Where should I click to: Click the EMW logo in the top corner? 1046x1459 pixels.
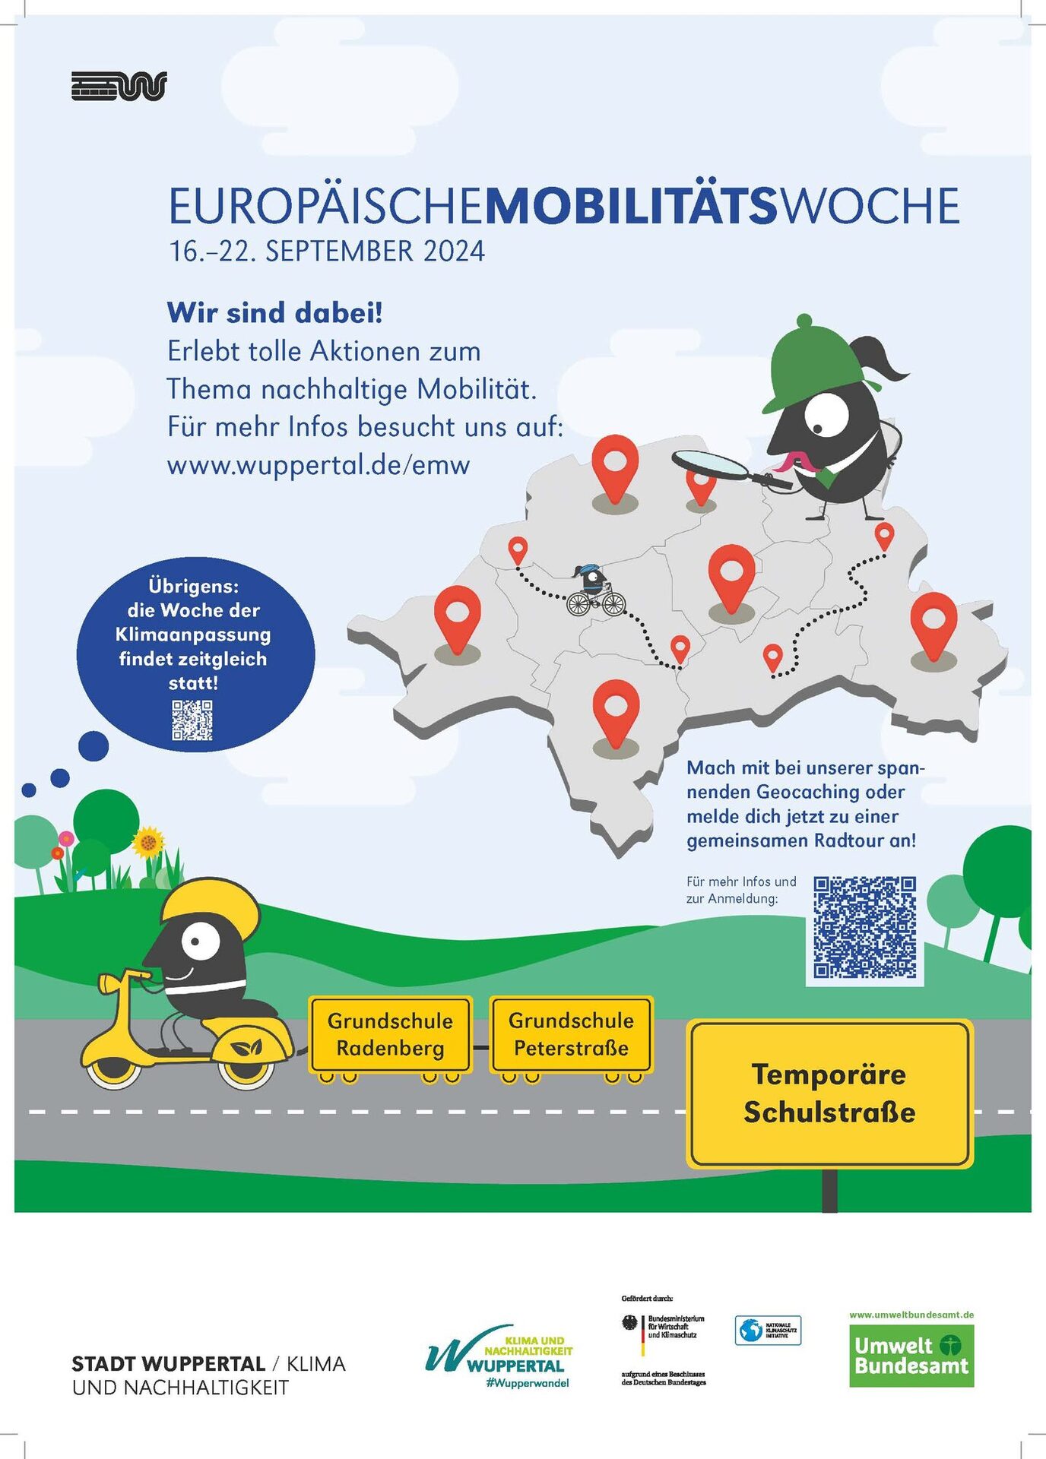point(119,86)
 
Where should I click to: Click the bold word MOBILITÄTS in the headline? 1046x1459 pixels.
point(631,206)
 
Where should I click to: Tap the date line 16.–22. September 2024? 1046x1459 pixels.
point(327,252)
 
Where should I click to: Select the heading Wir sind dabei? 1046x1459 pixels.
point(274,312)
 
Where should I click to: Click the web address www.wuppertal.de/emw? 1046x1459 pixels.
point(319,464)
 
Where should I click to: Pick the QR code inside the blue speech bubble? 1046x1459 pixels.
point(192,720)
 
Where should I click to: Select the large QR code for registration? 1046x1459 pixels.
point(864,926)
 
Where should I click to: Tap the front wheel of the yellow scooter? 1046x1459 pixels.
point(114,1068)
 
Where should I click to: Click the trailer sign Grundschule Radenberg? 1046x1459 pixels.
point(390,1034)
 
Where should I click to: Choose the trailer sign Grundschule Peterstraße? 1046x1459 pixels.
point(571,1034)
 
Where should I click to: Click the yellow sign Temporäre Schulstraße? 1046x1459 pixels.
point(829,1093)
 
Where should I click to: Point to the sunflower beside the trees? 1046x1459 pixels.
point(148,842)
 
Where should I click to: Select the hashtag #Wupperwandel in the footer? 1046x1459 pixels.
point(528,1383)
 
